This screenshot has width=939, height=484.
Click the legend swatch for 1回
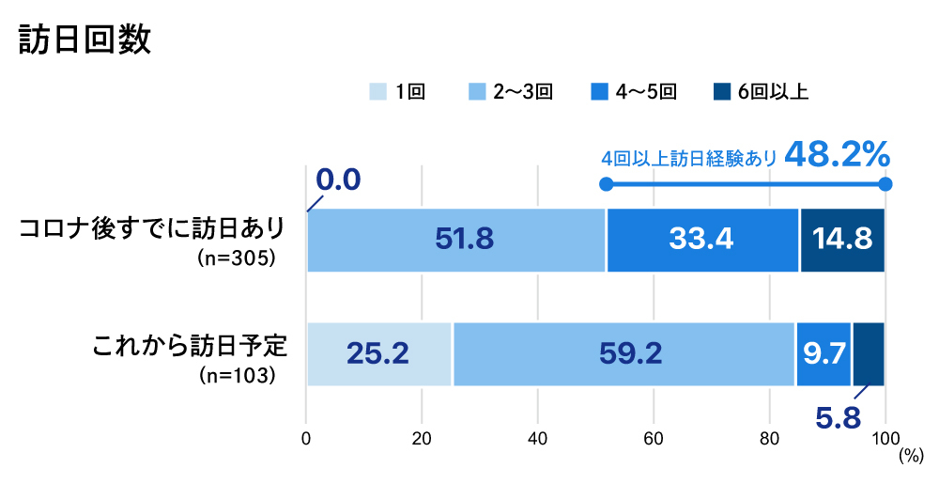coord(377,91)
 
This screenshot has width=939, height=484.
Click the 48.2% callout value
coord(836,154)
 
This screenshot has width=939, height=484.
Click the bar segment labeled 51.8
coord(456,241)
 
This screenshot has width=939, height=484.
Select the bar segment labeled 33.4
coord(701,241)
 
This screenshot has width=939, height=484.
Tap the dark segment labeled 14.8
coord(841,241)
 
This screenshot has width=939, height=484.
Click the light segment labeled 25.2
coord(377,353)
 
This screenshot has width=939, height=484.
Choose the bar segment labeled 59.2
coord(623,353)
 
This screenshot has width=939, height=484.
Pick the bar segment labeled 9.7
coord(824,353)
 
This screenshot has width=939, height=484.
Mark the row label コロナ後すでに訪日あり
coord(152,229)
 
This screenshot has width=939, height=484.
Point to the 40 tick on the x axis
coord(538,437)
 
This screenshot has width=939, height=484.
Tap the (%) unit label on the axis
coord(910,455)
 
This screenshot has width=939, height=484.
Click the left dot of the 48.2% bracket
coord(607,184)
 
